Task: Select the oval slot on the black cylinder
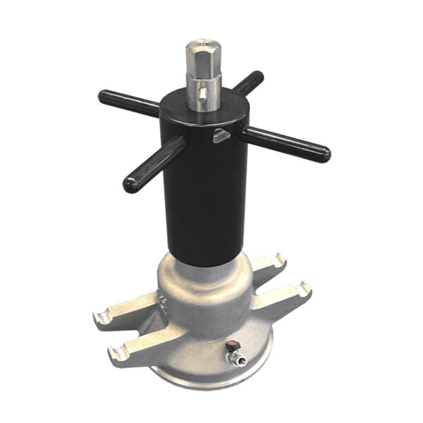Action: coord(221,135)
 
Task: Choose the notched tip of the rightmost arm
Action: coord(305,288)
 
